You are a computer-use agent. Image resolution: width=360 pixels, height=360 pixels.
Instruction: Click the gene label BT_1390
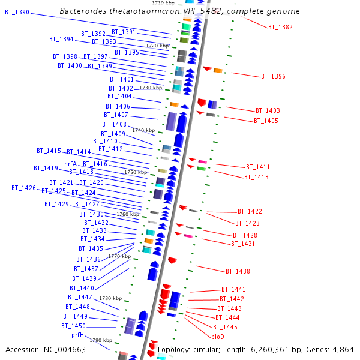click(17, 12)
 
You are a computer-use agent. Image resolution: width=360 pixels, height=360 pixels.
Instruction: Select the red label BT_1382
click(280, 28)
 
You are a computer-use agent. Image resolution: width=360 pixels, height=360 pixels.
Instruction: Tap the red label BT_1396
click(273, 77)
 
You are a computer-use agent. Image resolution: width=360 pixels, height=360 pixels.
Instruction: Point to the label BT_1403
click(268, 110)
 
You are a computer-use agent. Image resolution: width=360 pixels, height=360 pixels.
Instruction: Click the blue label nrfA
click(71, 164)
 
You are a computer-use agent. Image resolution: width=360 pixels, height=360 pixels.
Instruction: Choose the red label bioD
click(218, 337)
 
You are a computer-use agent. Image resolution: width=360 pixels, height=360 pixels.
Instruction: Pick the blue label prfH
click(77, 335)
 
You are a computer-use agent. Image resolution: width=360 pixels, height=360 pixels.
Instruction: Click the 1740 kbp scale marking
click(143, 130)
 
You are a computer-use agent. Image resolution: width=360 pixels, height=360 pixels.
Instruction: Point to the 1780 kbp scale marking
click(110, 298)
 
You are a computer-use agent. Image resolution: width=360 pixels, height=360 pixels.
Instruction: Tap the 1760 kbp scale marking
click(127, 214)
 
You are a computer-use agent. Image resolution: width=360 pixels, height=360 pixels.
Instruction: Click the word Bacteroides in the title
click(83, 11)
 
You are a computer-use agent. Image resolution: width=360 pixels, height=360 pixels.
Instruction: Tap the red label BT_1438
click(238, 271)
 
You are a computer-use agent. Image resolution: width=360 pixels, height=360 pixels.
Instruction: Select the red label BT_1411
click(258, 167)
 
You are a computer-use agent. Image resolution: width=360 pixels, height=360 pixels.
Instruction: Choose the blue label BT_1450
click(73, 326)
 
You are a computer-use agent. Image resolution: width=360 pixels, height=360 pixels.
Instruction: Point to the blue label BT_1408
click(114, 124)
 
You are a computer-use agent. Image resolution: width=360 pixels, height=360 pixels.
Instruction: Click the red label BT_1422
click(250, 211)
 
